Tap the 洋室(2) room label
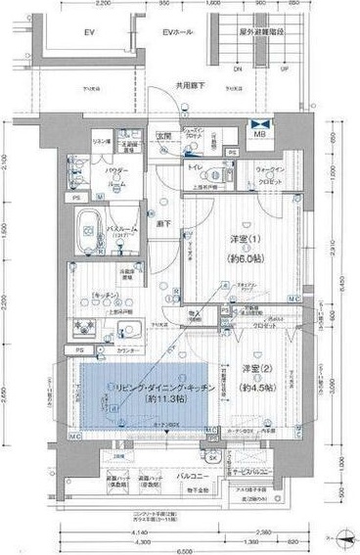tap(255, 368)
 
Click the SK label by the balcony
tap(211, 456)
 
